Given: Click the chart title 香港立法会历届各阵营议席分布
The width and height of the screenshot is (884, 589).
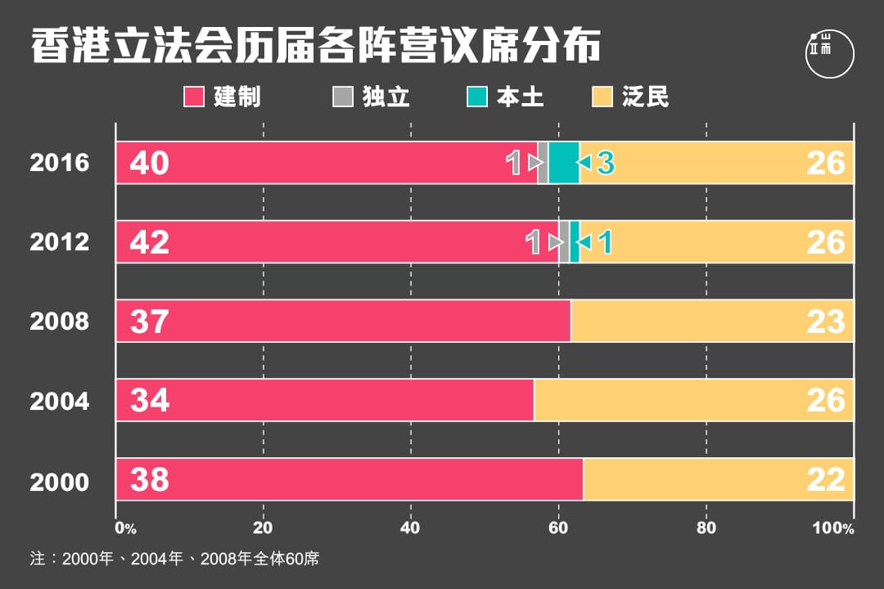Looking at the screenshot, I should pos(315,48).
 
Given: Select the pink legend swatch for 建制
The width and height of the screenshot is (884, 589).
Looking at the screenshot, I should pos(193,97).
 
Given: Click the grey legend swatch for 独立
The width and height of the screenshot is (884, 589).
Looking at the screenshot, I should pos(341,97).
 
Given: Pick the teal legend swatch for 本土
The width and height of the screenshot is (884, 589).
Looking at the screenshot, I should pos(477,97).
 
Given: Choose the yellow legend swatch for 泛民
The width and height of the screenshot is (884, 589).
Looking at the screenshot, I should pos(602,97).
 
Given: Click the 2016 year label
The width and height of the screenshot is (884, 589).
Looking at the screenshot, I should pos(59,163).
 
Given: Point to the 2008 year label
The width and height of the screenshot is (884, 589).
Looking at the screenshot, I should pos(59,321).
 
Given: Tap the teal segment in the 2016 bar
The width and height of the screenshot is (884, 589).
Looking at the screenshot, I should pos(564,163).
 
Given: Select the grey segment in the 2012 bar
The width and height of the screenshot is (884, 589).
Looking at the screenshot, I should pos(564,241).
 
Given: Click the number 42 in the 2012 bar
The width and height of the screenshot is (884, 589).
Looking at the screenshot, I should pos(149,242).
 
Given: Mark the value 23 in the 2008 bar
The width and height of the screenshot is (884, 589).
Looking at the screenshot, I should pos(825,321).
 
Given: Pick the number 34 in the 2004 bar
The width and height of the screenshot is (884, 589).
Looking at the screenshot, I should pos(149,400).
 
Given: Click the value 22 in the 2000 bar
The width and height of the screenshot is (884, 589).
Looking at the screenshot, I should pos(825,479).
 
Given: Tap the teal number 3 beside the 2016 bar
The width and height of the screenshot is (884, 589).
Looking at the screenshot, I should pos(605,163).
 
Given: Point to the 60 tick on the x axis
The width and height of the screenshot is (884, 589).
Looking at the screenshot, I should pos(558,528).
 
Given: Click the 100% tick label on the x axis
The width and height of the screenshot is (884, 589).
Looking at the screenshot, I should pos(832,528).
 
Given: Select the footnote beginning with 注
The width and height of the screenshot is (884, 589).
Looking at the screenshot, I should pos(174,560).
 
